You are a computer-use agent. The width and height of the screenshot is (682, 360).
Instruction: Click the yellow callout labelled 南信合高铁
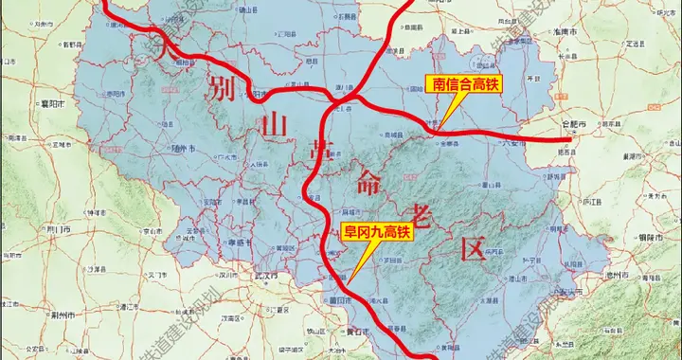pyautogui.click(x=465, y=84)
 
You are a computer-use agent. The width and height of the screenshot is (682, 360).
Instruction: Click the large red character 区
pyautogui.click(x=473, y=249)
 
